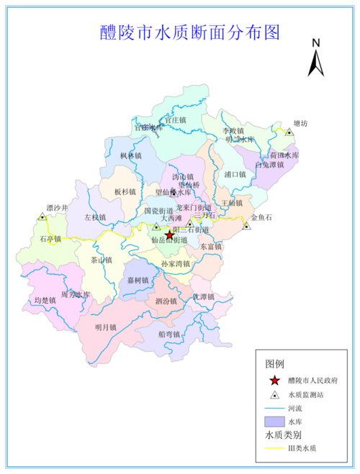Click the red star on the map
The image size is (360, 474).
point(170,235)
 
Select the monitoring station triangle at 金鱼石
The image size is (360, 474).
point(246,226)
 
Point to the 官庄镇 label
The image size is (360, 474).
point(174,120)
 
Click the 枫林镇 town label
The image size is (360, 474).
point(131,155)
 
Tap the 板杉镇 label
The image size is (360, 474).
point(125,192)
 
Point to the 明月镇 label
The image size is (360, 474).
point(106,327)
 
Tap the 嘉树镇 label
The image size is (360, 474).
point(138,281)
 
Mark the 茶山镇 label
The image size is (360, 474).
point(102,260)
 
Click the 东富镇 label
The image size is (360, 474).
point(211,247)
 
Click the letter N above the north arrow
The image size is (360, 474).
point(315,43)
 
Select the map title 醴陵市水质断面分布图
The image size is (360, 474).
point(189,32)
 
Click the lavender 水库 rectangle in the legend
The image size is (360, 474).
point(274,421)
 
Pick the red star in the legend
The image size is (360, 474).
point(274,380)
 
